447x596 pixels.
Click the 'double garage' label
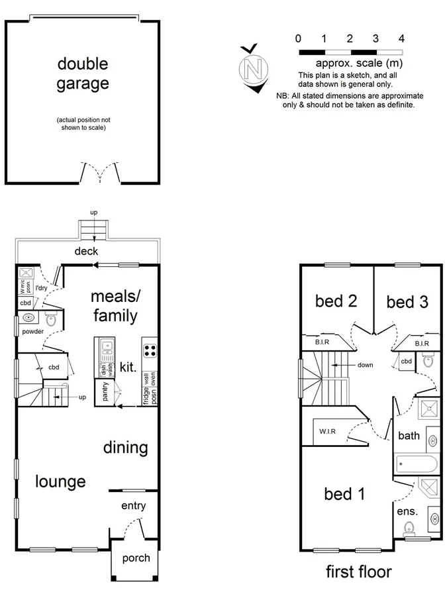point(83,74)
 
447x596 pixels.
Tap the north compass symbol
point(252,68)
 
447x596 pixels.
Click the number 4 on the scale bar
point(401,38)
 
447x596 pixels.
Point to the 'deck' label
point(86,251)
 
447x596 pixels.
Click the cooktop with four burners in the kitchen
point(149,349)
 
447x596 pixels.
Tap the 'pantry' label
point(105,391)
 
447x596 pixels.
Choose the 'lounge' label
point(60,481)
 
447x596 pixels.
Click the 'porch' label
point(136,558)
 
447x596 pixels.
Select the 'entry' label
point(132,506)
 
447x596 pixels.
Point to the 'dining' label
point(125,448)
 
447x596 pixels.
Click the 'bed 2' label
point(336,301)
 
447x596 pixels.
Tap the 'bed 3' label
point(407,302)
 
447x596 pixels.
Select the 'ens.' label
point(407,511)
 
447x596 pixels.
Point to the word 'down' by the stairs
point(364,365)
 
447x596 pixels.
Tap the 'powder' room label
point(32,331)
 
